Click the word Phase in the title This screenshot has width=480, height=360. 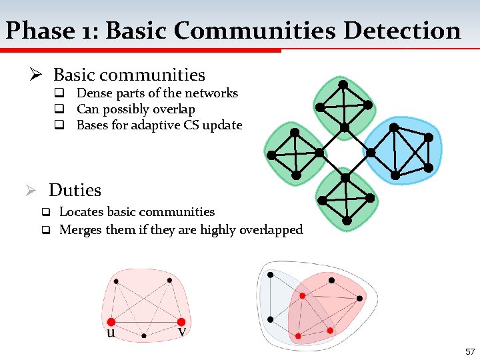[x=39, y=31]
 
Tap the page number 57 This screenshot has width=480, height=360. [x=469, y=351]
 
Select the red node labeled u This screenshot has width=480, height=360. [x=111, y=322]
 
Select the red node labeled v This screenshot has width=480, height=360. [x=181, y=322]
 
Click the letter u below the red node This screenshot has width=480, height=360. [x=111, y=333]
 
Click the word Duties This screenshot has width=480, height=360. [x=75, y=190]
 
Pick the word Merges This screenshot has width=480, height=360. [x=79, y=230]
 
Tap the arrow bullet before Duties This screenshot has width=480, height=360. [x=31, y=191]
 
